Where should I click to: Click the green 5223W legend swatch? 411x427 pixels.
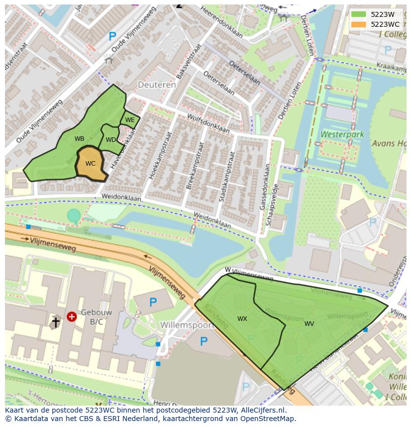358,14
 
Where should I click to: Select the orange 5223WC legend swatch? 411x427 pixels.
358,24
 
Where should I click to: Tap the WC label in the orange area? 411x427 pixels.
90,164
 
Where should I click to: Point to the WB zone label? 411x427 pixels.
79,139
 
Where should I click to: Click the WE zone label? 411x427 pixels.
130,120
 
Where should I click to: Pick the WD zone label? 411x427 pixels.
111,140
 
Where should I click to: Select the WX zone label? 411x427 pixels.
242,319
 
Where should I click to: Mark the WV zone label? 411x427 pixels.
309,324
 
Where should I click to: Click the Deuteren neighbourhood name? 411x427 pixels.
157,85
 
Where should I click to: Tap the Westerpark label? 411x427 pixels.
342,134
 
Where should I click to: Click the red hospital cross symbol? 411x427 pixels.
71,316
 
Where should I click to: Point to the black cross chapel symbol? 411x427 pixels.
56,322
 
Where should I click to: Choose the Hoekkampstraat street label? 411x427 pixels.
160,155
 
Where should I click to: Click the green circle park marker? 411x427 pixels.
74,215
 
